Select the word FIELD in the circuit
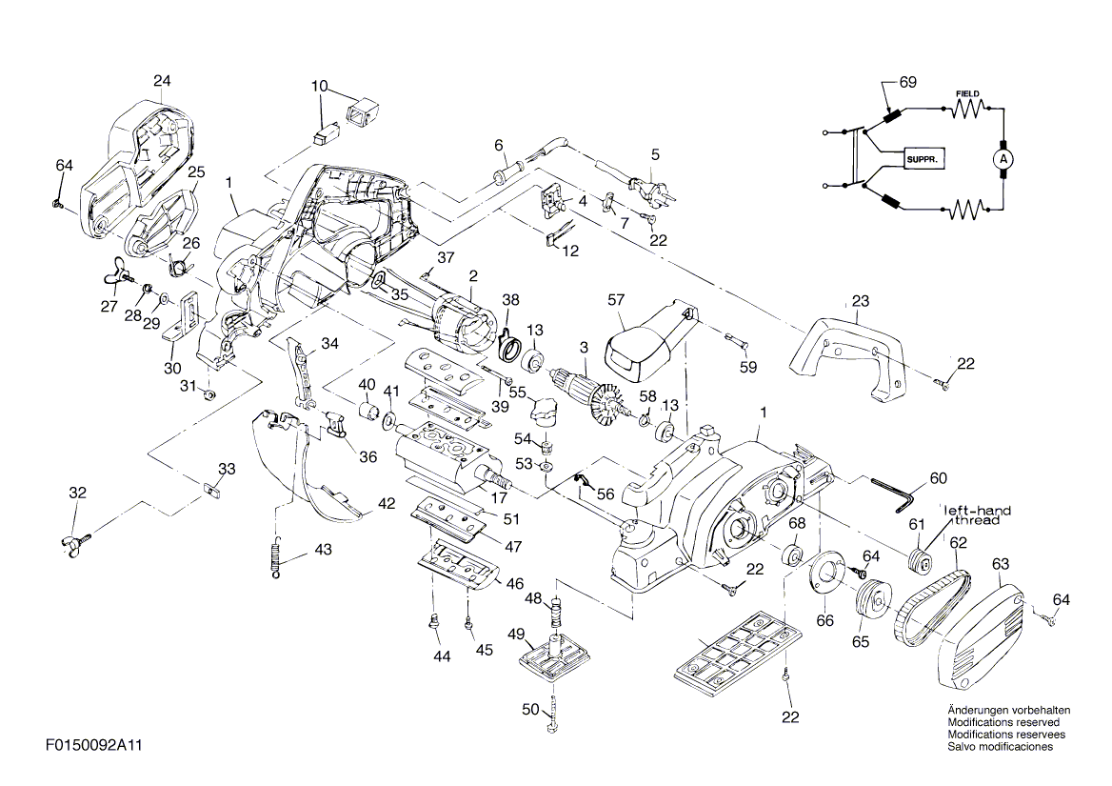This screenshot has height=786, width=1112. pos(967,93)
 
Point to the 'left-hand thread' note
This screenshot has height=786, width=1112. pos(978,515)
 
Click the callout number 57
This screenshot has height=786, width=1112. pos(616,300)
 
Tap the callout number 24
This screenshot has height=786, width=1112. pos(162,81)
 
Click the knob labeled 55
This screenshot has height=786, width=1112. pos(544,410)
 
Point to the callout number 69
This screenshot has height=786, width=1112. pos(907,82)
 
